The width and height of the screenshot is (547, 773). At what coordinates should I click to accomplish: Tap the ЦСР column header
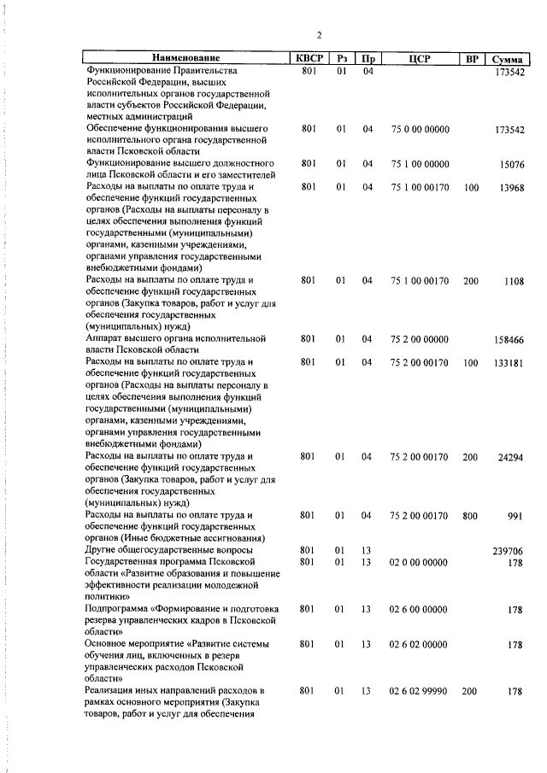(x=419, y=59)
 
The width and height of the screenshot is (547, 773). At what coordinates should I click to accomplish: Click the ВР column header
(x=471, y=59)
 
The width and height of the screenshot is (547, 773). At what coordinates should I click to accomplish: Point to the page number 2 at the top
(x=319, y=35)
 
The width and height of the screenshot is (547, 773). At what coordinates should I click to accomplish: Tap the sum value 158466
(x=509, y=339)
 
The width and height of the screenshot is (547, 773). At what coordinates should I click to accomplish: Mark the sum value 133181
(x=509, y=363)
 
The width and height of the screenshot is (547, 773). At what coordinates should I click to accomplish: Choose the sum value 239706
(x=509, y=552)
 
